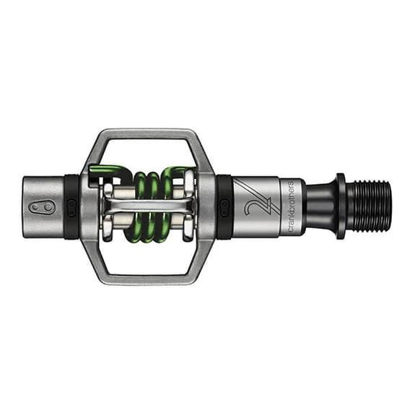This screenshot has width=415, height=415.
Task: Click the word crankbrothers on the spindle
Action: pyautogui.click(x=290, y=206)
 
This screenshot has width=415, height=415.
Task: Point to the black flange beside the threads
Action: pyautogui.click(x=341, y=206)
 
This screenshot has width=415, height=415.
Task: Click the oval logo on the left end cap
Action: pyautogui.click(x=43, y=206)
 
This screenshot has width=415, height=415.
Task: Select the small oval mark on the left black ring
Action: pyautogui.click(x=71, y=206)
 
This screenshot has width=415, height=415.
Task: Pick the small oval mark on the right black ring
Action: pyautogui.click(x=224, y=206)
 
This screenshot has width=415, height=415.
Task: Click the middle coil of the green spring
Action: pyautogui.click(x=152, y=206)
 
